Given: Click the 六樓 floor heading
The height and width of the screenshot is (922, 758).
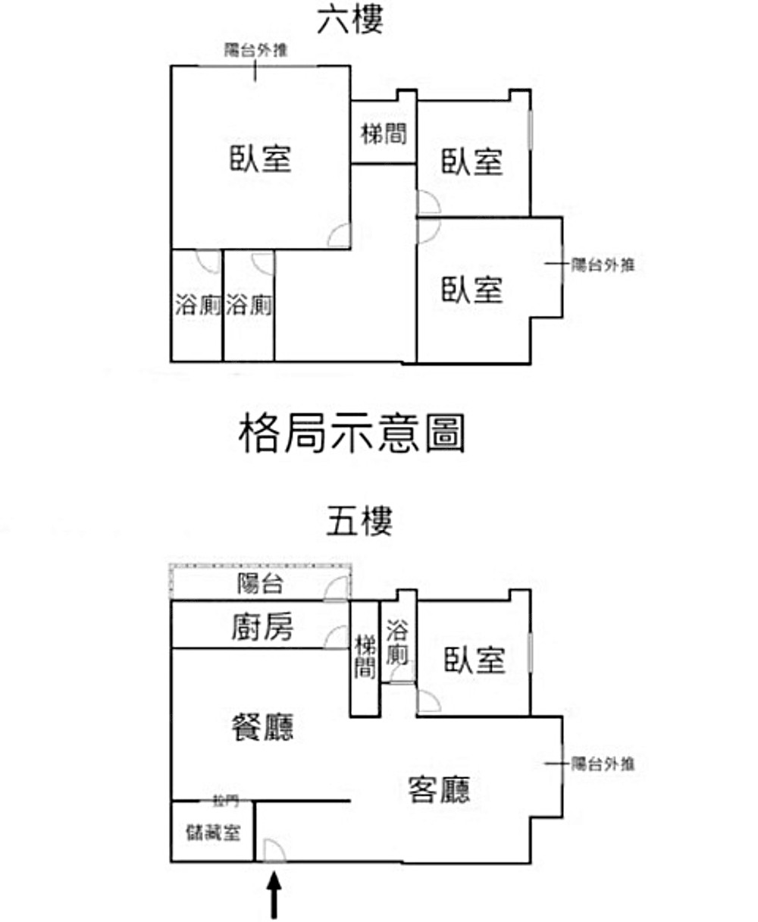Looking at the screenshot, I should coord(350,20).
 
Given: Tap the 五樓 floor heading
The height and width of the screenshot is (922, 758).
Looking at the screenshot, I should coord(359,522).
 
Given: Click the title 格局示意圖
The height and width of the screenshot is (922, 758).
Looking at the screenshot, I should coord(351,434).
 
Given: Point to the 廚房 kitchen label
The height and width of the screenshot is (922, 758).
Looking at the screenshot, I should coord(262,626).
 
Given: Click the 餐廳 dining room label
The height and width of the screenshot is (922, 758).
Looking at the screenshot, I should coord(262,726).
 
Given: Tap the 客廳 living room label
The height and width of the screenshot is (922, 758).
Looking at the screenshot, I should coord(439,789).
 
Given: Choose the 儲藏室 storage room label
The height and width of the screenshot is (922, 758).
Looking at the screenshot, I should coord(213,832).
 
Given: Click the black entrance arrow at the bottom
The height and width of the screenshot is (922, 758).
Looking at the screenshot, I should coord(274,894).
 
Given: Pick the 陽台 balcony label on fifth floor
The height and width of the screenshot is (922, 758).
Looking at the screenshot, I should coord(260,584).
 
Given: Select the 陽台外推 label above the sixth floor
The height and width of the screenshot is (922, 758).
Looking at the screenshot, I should coord(255,51).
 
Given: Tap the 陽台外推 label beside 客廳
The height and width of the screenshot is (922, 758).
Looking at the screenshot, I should coord(603,764).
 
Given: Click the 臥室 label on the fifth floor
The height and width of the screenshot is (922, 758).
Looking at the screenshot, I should coord(475,660).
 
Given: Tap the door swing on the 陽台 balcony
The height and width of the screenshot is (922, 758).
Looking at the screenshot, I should coord(337,588).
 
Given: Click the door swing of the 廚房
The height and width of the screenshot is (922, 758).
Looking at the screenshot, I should coord(337,637).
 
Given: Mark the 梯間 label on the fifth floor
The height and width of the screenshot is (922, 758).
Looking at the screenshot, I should coord(365,657).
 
